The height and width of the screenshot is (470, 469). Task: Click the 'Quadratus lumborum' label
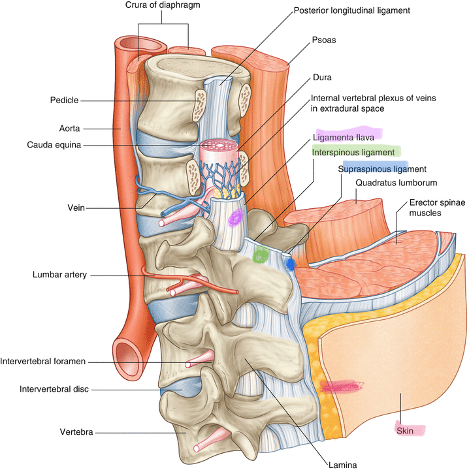[x=395, y=183]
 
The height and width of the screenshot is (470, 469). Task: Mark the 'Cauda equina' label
[x=54, y=145]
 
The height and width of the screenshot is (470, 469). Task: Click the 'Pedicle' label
[x=64, y=101]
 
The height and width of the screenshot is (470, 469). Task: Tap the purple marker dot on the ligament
[x=234, y=217]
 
